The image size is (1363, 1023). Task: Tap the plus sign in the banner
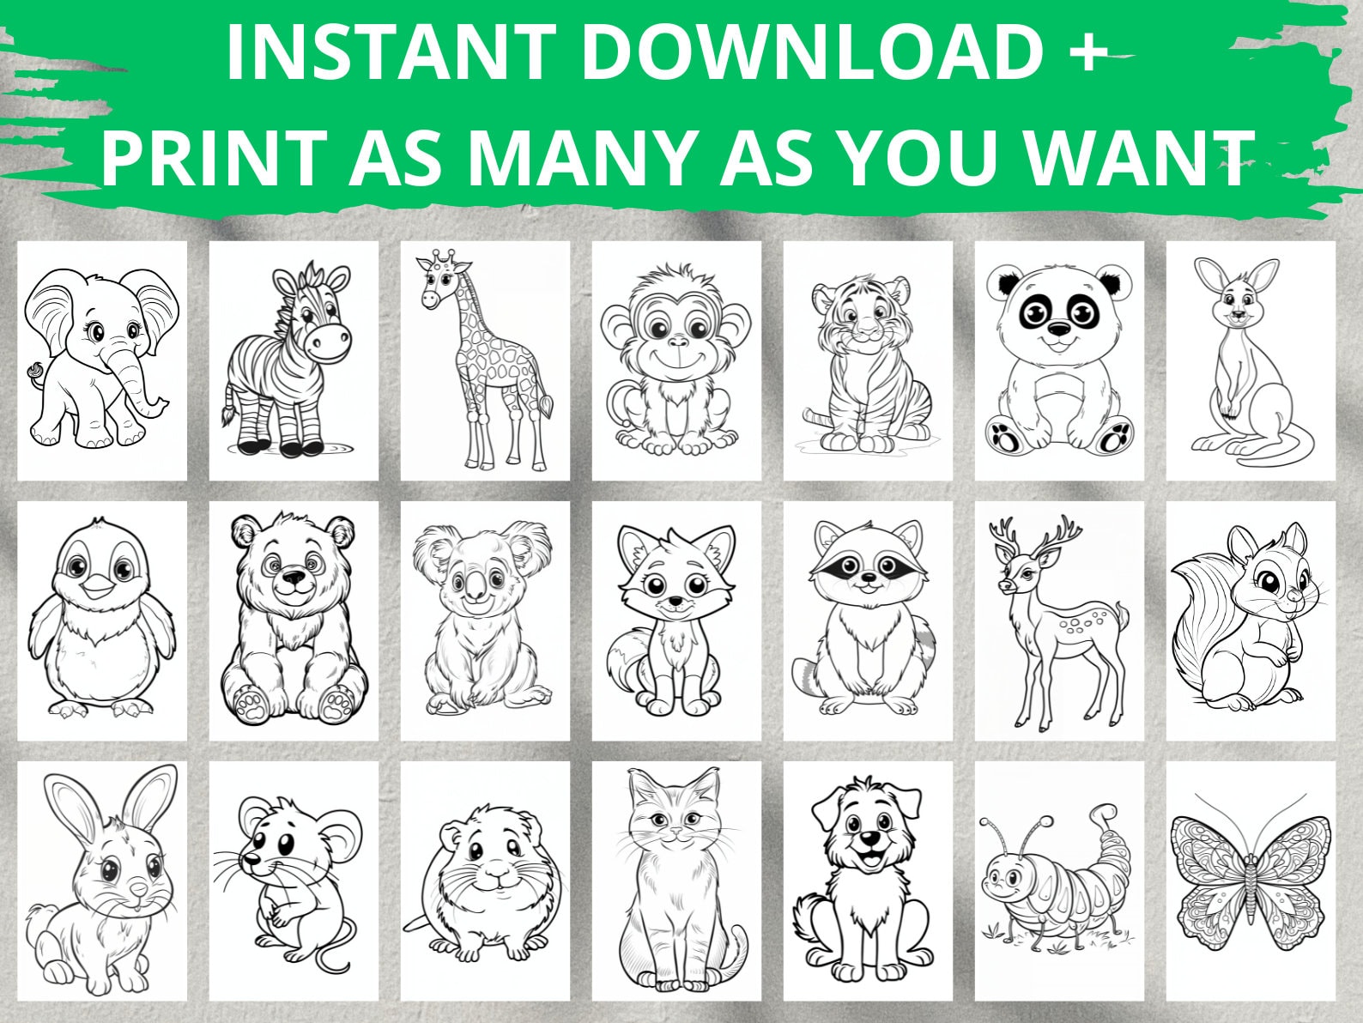pos(1078,53)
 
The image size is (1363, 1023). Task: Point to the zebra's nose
pos(330,342)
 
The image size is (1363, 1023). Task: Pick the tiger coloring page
pos(868,360)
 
